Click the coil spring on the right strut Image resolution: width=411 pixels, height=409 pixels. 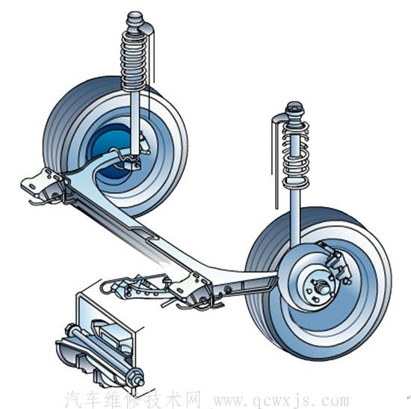click(295, 153)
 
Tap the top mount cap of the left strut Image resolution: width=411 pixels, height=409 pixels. click(135, 19)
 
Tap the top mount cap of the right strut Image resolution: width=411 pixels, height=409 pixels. click(295, 110)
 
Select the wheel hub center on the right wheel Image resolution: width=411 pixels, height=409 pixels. click(322, 288)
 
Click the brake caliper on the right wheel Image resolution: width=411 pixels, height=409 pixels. click(336, 264)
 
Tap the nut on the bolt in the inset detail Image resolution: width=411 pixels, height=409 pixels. click(136, 375)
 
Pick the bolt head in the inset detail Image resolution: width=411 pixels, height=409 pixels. click(71, 330)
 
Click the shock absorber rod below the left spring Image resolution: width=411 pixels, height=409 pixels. click(135, 123)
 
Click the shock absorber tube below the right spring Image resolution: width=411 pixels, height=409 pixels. click(295, 215)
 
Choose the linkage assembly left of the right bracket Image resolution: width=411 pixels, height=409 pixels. click(135, 286)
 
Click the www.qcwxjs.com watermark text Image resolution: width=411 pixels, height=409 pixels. click(281, 401)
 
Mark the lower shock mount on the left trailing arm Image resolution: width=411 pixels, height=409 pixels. click(132, 164)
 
